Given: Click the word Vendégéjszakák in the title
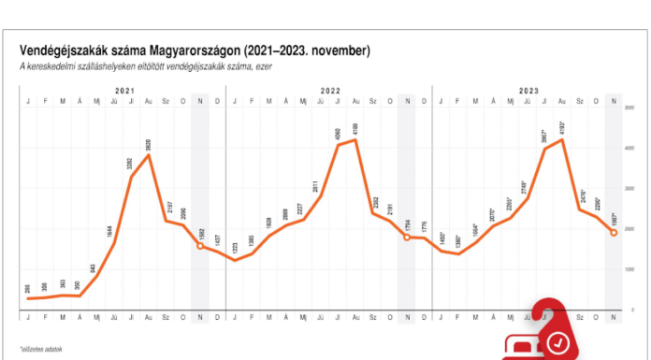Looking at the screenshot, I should click(62, 50).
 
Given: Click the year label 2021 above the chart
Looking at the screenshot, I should click(125, 90).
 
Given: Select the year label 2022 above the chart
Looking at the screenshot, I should click(330, 90).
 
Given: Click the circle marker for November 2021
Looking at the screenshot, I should click(201, 246).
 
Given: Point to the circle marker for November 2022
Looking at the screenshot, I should click(407, 238).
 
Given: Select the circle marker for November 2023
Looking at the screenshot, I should click(613, 232).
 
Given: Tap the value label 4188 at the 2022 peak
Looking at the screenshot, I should click(355, 128).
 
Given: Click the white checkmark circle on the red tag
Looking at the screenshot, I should click(559, 342).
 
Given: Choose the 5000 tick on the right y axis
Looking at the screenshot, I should click(630, 108).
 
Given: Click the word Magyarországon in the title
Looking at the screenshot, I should click(192, 50).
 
